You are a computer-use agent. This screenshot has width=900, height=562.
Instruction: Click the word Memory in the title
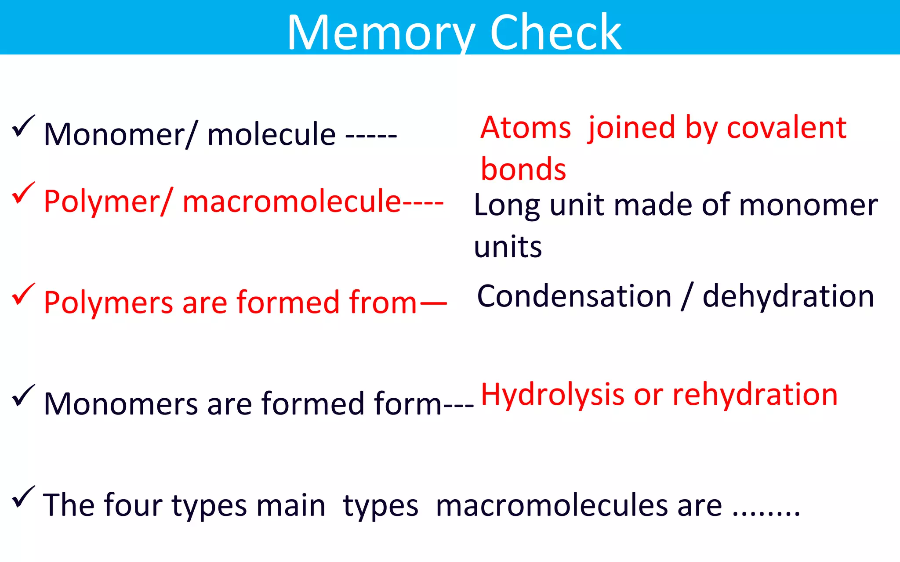tap(381, 33)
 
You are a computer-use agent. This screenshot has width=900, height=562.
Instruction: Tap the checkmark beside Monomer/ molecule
tap(23, 126)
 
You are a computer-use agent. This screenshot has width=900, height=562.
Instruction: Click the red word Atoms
tap(526, 128)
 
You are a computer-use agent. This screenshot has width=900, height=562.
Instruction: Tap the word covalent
tap(787, 128)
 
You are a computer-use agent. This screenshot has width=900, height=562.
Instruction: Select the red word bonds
tap(523, 169)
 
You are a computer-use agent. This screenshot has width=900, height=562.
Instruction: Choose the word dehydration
tap(788, 296)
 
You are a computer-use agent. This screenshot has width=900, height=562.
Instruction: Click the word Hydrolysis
tap(552, 395)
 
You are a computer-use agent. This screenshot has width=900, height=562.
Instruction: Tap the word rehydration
tap(755, 395)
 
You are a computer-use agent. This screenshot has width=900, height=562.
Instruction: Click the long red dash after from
tap(433, 303)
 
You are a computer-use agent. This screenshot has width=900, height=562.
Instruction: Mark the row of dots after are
tap(766, 513)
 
